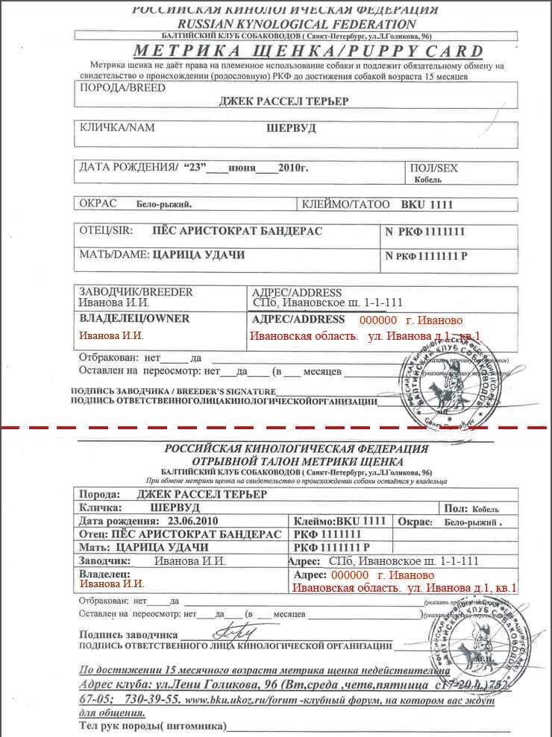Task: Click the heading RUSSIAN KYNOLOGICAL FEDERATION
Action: click(x=284, y=25)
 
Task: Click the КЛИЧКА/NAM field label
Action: click(x=117, y=127)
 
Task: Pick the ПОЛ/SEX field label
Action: click(x=434, y=168)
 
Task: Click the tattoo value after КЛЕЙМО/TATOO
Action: click(x=427, y=203)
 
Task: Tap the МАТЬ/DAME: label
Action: click(x=114, y=255)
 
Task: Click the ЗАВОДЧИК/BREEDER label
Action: click(x=136, y=291)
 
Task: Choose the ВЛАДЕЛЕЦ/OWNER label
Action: click(x=134, y=318)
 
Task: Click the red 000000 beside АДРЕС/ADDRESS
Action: click(x=379, y=319)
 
